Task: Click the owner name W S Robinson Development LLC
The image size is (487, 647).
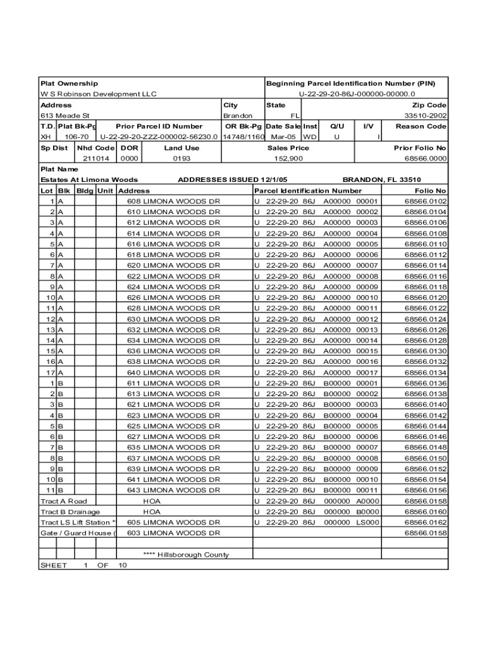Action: click(x=98, y=94)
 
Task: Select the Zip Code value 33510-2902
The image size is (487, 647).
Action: click(x=426, y=116)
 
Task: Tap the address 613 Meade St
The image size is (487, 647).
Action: click(x=65, y=116)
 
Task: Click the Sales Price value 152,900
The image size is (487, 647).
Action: click(x=288, y=159)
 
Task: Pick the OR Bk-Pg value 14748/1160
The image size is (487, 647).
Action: click(x=244, y=136)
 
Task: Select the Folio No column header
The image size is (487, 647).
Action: click(x=430, y=191)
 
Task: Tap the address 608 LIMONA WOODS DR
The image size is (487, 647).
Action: click(x=173, y=202)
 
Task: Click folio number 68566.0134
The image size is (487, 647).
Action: click(x=426, y=373)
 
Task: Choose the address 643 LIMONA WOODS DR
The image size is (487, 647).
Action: click(x=173, y=490)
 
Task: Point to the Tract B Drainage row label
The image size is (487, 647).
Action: click(x=70, y=512)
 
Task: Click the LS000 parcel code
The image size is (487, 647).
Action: click(x=367, y=523)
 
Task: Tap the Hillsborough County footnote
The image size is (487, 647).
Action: click(x=187, y=555)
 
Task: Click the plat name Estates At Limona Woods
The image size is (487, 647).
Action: click(x=89, y=180)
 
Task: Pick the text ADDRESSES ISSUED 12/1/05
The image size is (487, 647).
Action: click(x=233, y=180)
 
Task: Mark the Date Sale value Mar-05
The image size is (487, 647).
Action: click(x=283, y=136)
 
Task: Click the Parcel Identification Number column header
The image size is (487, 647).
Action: click(x=308, y=191)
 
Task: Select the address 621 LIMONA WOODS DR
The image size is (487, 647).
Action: click(x=173, y=405)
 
